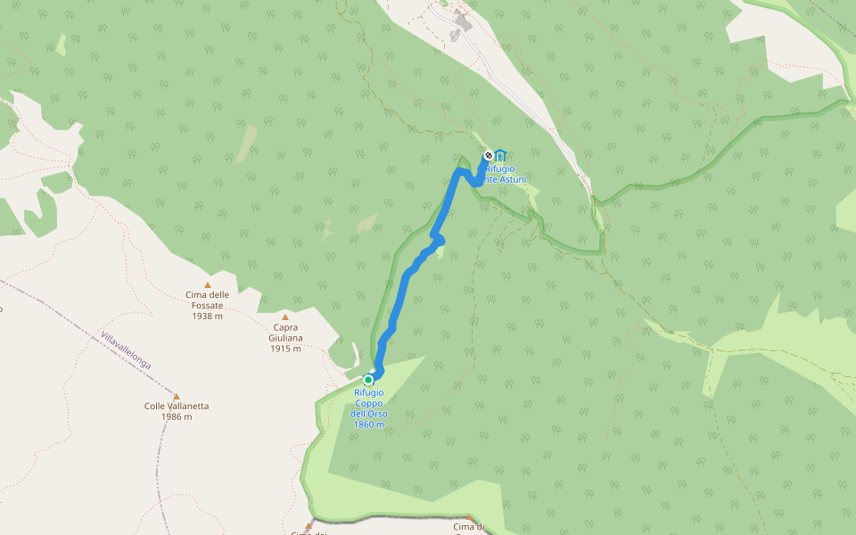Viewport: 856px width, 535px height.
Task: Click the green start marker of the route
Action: (367, 379)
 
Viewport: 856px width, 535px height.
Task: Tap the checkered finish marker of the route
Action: (488, 156)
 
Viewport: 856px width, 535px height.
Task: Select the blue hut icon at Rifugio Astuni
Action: (500, 156)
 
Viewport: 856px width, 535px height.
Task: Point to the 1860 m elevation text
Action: (369, 424)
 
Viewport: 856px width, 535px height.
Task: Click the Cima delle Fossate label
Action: (207, 295)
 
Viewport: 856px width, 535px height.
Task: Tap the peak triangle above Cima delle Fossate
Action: (207, 284)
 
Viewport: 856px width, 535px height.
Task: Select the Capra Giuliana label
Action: (285, 332)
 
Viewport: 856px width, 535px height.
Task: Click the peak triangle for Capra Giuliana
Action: (285, 317)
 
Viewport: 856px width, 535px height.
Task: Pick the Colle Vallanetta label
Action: (177, 406)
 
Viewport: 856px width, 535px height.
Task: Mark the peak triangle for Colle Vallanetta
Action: (177, 396)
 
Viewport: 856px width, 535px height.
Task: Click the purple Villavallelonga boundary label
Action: (126, 351)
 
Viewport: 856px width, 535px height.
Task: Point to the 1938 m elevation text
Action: (207, 316)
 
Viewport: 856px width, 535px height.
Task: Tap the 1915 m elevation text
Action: (285, 348)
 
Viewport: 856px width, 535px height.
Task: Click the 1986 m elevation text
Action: (177, 416)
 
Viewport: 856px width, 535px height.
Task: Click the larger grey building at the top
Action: (462, 20)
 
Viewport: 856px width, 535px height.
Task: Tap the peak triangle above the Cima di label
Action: (468, 516)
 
